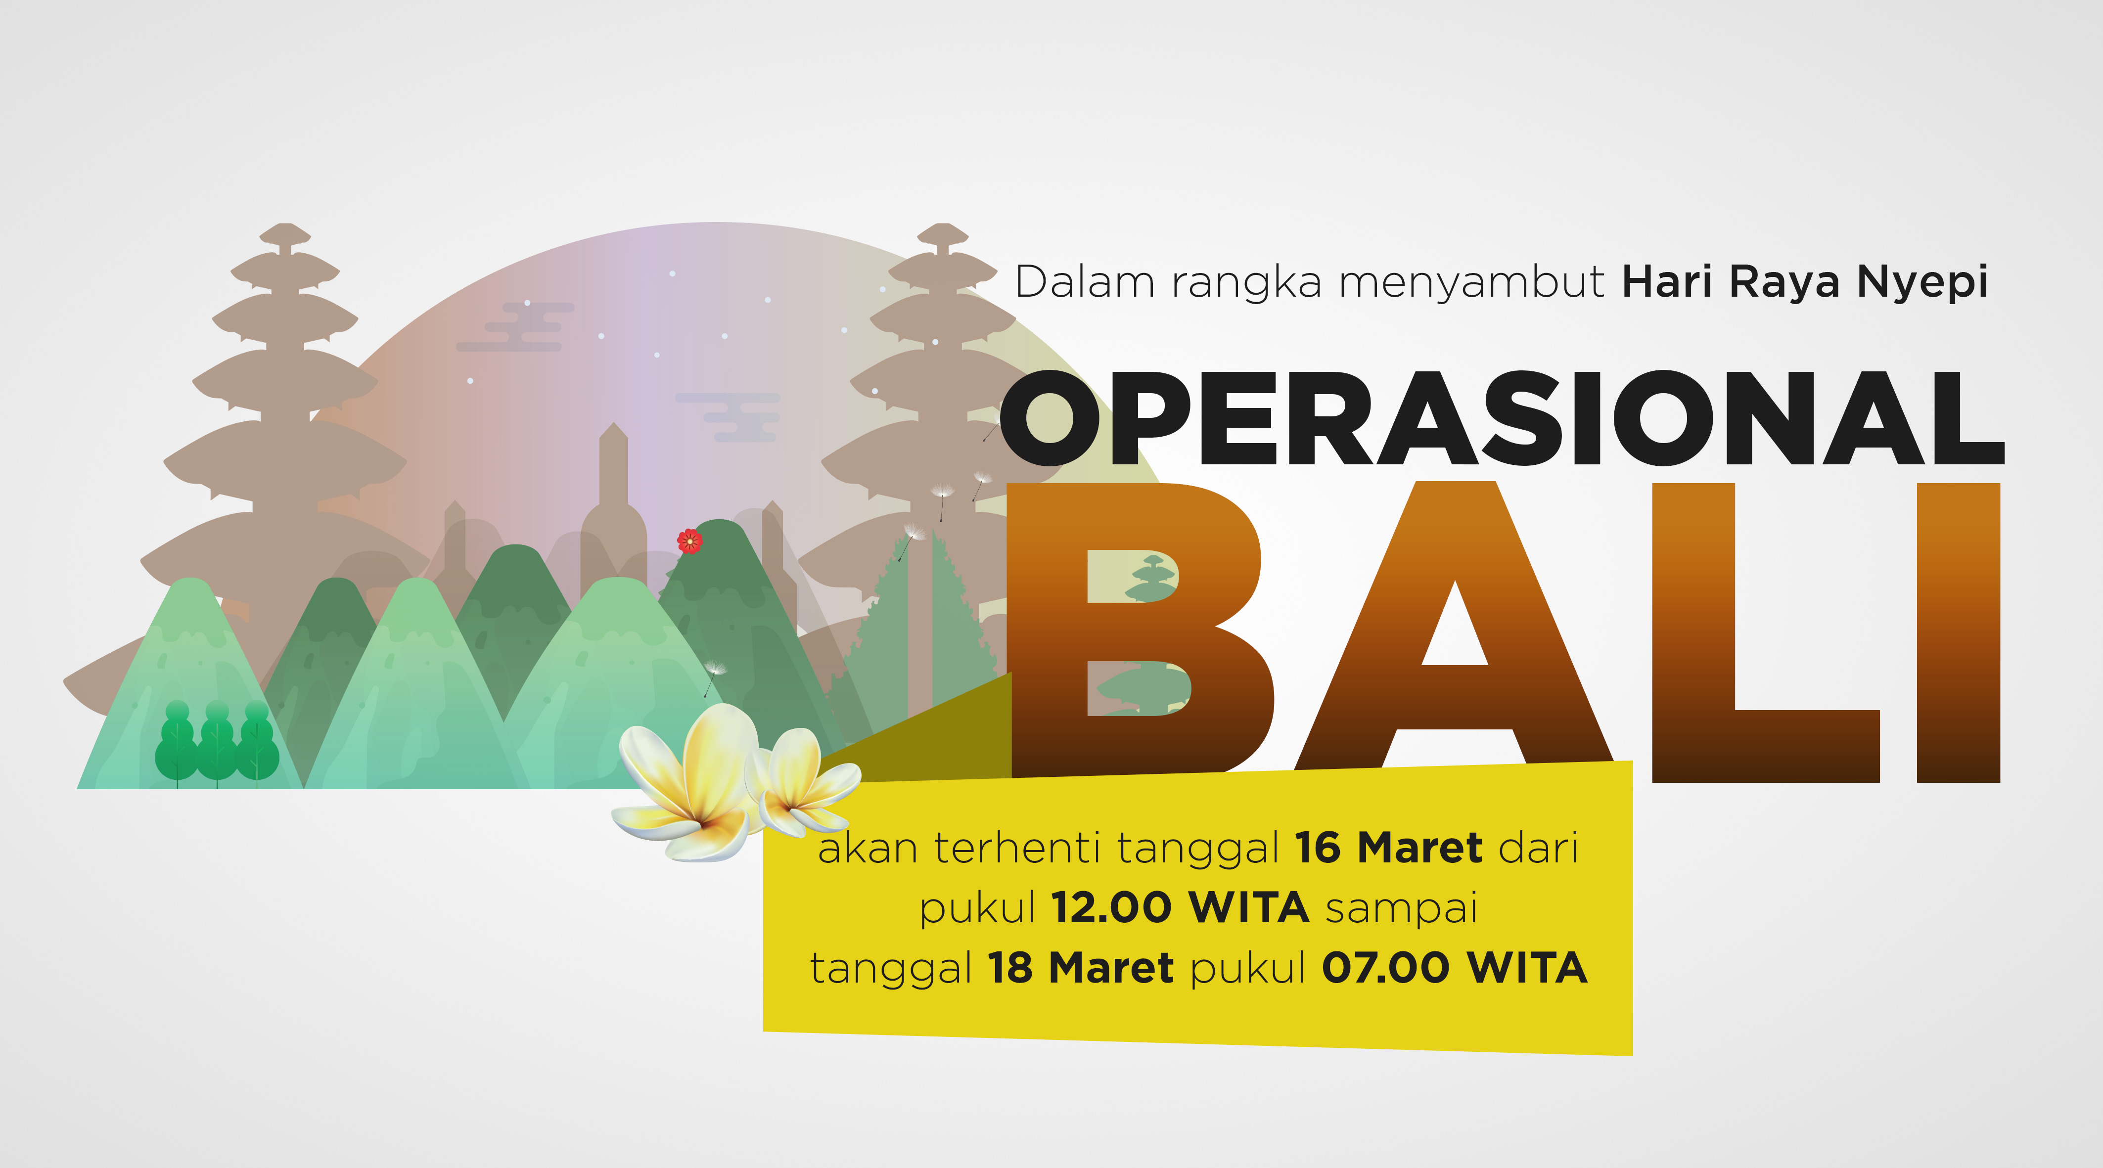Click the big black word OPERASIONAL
[1502, 418]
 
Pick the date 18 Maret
[1081, 968]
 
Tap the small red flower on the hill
[690, 541]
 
